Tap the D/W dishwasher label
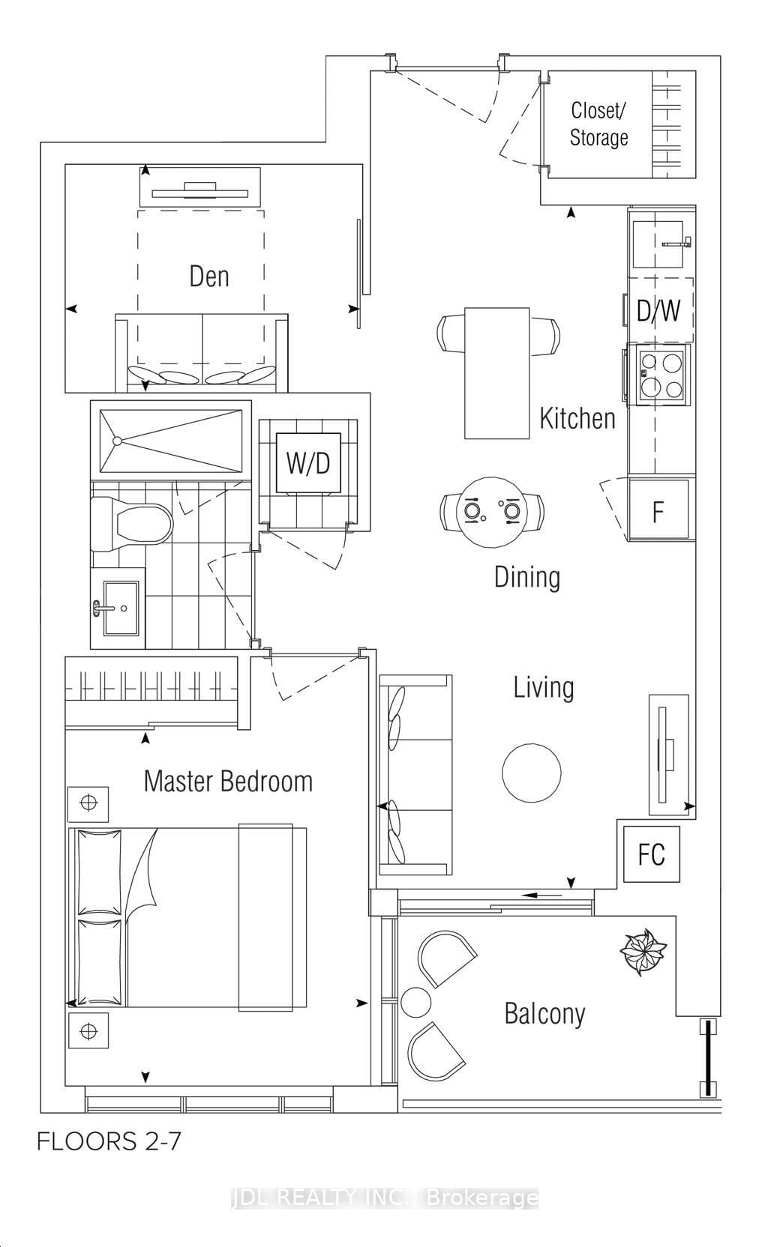pyautogui.click(x=658, y=310)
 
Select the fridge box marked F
pyautogui.click(x=658, y=511)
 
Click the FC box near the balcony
pyautogui.click(x=651, y=854)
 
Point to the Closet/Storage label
pyautogui.click(x=598, y=124)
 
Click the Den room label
pyautogui.click(x=208, y=276)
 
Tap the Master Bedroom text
pyautogui.click(x=228, y=781)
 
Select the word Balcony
pyautogui.click(x=544, y=1013)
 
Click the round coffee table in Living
pyautogui.click(x=531, y=773)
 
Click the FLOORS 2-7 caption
pyautogui.click(x=109, y=1141)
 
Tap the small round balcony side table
pyautogui.click(x=415, y=1001)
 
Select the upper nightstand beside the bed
pyautogui.click(x=88, y=803)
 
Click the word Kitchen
pyautogui.click(x=577, y=418)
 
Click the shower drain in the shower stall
pyautogui.click(x=117, y=441)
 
